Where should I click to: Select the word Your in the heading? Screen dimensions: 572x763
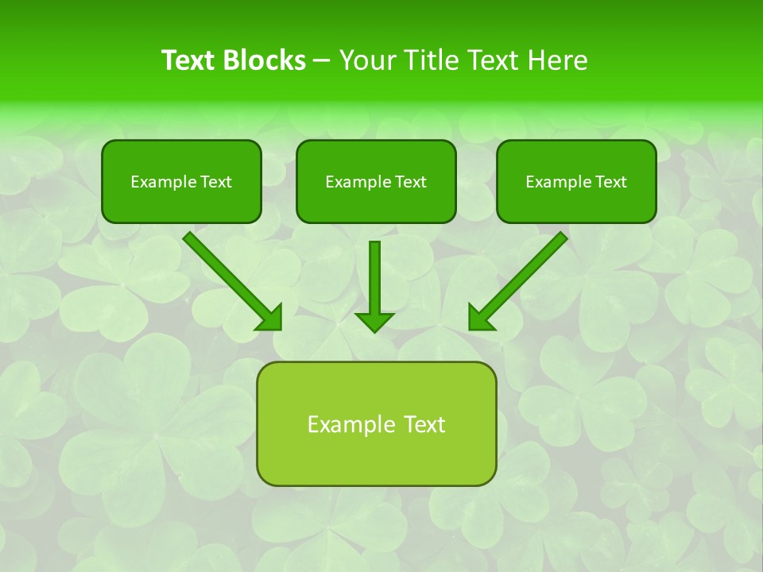click(x=366, y=60)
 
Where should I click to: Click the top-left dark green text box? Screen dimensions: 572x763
click(x=181, y=181)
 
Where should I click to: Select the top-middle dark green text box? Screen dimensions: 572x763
click(x=376, y=181)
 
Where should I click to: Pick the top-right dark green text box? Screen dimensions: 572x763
click(x=576, y=181)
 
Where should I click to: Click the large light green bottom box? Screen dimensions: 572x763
click(x=376, y=423)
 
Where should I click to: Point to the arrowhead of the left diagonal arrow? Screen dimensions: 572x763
click(x=271, y=319)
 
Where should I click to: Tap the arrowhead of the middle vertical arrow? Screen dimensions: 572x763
click(x=374, y=322)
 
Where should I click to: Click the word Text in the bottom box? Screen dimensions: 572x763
click(x=423, y=424)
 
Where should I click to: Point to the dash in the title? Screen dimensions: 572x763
click(x=322, y=61)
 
